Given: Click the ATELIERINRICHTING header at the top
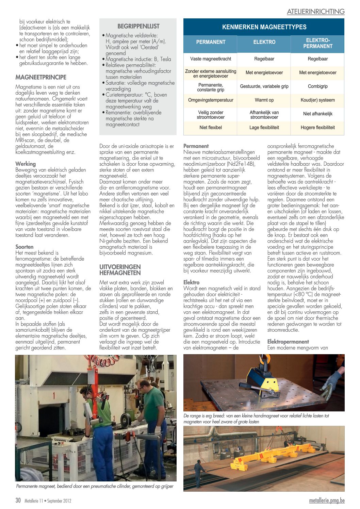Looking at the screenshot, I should (315, 12).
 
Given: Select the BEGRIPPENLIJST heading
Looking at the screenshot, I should (138, 26).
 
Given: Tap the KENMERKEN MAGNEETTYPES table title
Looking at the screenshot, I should (264, 27).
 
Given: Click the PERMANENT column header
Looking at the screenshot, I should (211, 42).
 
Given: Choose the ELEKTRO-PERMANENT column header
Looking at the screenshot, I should (317, 43).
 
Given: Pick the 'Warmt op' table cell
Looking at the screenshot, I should (264, 100).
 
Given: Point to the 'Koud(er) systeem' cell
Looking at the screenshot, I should (317, 100).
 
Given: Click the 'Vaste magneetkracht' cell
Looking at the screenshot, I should (211, 59).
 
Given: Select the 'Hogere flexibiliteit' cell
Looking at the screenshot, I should (317, 128).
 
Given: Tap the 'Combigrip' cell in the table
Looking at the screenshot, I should (317, 86).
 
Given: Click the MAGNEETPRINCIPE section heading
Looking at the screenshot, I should (41, 77).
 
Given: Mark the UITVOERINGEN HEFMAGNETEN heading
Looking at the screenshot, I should (115, 270).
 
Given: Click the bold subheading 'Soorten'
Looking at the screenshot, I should (24, 247).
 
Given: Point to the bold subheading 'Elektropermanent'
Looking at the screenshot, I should (288, 342).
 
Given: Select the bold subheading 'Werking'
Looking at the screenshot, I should (26, 164).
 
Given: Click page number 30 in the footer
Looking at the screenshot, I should (18, 500).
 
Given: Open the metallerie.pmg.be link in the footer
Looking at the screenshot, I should (327, 500).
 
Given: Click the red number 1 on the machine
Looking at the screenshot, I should (54, 396).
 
